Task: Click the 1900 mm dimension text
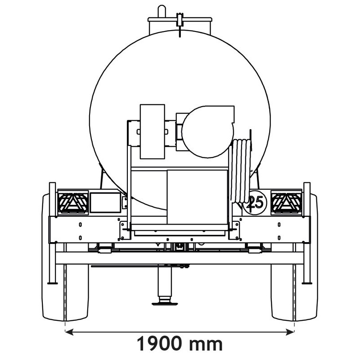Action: coord(180,344)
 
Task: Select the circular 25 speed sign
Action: coord(255,202)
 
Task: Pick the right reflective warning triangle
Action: coord(286,202)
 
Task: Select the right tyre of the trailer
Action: coord(295,288)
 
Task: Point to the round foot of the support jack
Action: coord(165,303)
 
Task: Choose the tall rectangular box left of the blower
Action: coord(152,131)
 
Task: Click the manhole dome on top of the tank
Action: coord(180,24)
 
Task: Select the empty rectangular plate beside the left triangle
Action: coord(105,202)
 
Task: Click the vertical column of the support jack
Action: coord(165,281)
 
